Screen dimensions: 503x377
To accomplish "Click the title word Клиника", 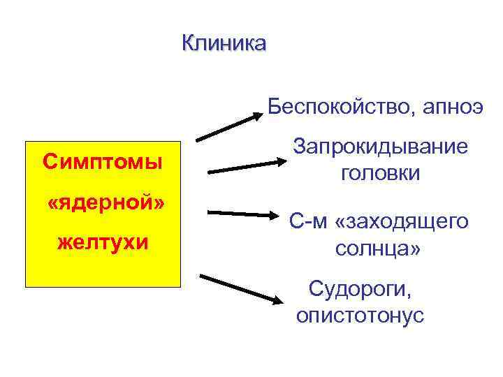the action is click(x=224, y=43).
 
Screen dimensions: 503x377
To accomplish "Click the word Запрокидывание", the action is click(x=381, y=147).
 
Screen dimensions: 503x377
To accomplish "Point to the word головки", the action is click(x=381, y=172).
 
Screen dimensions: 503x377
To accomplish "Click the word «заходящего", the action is click(x=401, y=222).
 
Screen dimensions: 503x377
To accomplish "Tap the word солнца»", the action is click(x=378, y=248).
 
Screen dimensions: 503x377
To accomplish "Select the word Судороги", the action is click(x=359, y=288).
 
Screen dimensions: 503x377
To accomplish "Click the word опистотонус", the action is click(x=360, y=315).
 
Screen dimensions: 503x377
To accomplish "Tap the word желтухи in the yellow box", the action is click(x=103, y=243).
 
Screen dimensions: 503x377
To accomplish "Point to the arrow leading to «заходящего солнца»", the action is click(x=244, y=213).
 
